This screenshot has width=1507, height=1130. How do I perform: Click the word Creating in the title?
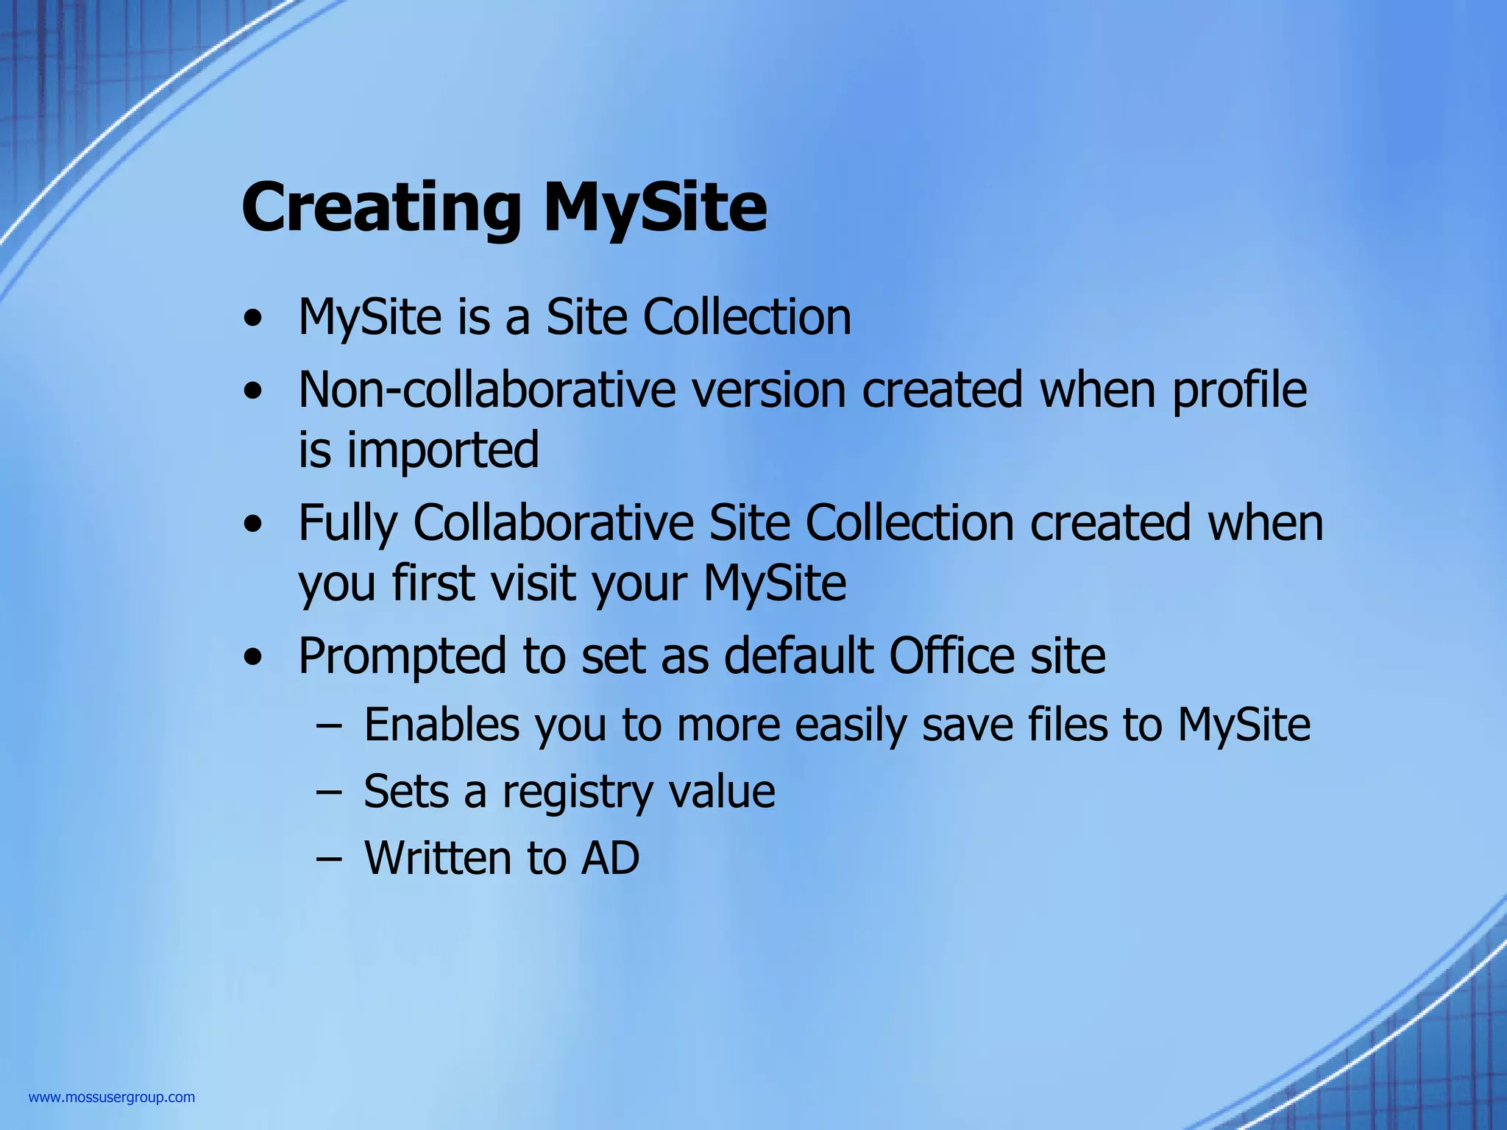tap(381, 208)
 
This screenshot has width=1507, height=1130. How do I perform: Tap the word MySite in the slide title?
tap(655, 208)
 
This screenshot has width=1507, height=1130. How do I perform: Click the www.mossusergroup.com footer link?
tap(112, 1098)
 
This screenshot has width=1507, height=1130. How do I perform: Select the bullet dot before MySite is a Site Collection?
tap(253, 319)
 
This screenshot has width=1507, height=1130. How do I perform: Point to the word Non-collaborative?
tap(486, 390)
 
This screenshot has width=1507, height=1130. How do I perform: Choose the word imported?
tap(443, 450)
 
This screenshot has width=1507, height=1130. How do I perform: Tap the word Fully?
tap(347, 524)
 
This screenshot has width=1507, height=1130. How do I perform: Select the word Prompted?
tap(403, 656)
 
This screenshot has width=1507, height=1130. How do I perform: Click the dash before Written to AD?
tap(328, 859)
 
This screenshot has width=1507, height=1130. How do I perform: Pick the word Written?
tap(438, 859)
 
